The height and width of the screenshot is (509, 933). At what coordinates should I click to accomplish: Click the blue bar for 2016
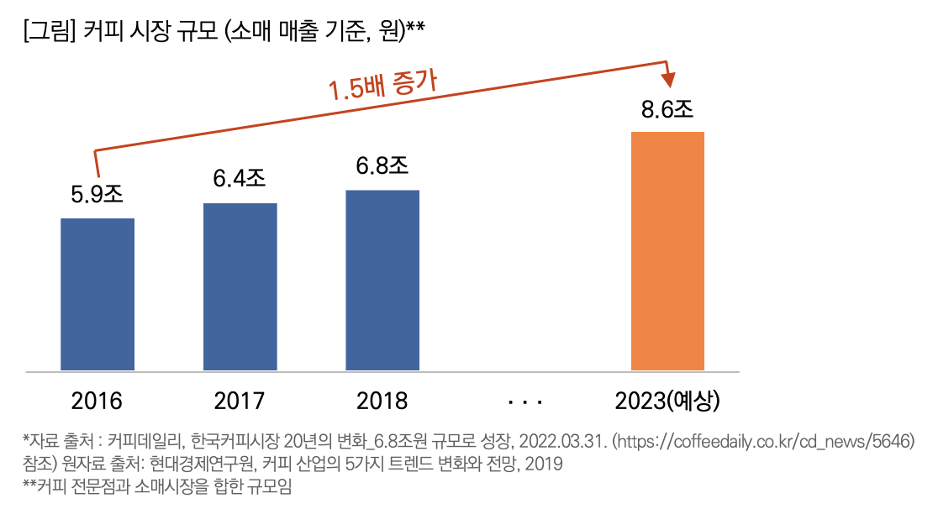point(98,294)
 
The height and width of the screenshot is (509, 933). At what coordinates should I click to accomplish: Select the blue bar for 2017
point(240,286)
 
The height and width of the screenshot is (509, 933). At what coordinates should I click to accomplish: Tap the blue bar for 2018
point(382,280)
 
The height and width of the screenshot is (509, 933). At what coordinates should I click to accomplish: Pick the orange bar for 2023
point(667,250)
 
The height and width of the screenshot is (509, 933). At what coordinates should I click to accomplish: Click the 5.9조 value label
point(97,195)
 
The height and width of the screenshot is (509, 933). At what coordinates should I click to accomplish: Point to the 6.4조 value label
point(240,179)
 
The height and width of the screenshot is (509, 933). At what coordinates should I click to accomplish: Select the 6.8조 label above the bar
point(382,166)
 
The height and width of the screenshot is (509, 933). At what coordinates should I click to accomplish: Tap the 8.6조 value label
point(667,108)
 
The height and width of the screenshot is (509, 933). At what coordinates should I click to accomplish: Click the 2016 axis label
point(98,401)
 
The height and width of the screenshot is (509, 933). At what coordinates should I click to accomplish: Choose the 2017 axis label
point(240,401)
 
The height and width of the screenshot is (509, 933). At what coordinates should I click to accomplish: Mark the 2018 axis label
point(382,401)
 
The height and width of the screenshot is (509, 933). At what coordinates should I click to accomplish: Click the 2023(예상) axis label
point(668,401)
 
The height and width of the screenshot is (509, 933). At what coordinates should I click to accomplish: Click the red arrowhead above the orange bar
point(669,80)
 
